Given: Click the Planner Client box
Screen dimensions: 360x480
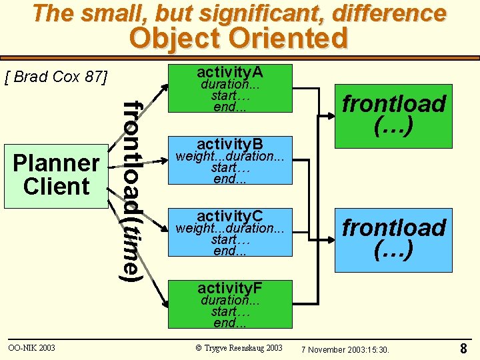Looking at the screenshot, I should coord(56,175).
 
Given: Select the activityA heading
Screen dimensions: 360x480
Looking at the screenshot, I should coord(229,71).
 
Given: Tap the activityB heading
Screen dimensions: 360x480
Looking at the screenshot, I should coord(230,144).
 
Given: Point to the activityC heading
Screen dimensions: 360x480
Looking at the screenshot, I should coord(230,215).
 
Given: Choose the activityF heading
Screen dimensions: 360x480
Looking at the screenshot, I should coord(230,288).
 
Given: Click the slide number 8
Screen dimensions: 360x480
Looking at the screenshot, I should coord(463,349).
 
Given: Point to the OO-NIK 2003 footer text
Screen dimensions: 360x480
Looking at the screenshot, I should coord(31,348).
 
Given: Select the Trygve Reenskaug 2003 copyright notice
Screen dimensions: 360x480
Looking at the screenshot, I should coord(239,348).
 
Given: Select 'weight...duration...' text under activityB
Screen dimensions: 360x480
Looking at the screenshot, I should coord(229,157).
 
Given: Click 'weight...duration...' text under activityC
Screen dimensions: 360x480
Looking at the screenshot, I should coord(229,229).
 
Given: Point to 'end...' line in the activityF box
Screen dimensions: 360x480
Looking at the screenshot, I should coord(230,323).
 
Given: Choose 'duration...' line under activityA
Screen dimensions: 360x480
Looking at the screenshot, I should coord(229,85).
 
